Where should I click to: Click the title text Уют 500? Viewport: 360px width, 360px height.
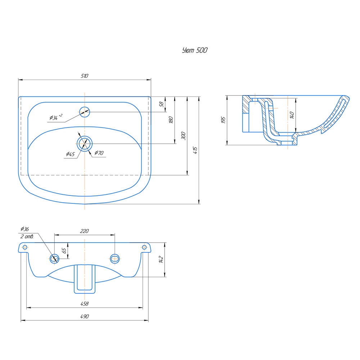(195, 50)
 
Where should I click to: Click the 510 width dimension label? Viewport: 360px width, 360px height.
(85, 76)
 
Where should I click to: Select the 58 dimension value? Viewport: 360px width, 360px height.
(161, 104)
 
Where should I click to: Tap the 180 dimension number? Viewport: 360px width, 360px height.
(171, 120)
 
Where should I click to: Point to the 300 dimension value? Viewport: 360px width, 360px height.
(183, 135)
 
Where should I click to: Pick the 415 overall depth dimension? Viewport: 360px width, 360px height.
(195, 150)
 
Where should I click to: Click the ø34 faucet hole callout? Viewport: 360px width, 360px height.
(56, 117)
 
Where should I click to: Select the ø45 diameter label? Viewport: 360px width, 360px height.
(71, 154)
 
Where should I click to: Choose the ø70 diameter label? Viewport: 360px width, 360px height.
(99, 153)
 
